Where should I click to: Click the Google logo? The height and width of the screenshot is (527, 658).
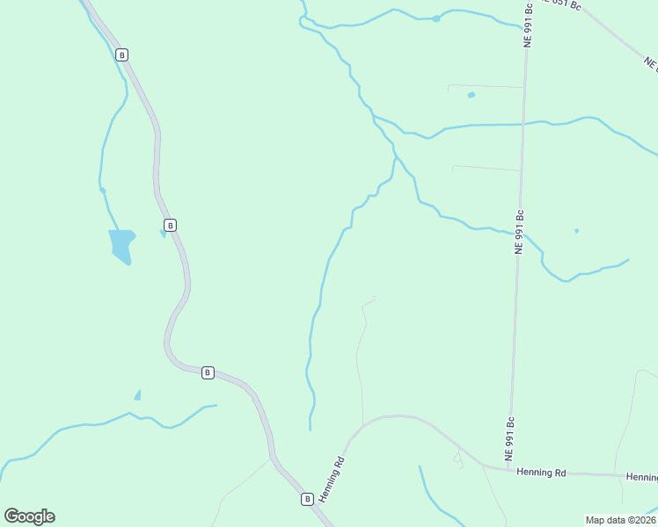tap(29, 516)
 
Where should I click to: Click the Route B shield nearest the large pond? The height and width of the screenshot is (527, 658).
tap(171, 225)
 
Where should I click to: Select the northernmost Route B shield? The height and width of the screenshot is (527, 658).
tap(121, 54)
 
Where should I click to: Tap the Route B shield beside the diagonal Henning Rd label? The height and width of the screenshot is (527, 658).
tap(307, 499)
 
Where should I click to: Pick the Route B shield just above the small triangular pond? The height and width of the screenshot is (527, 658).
tap(208, 372)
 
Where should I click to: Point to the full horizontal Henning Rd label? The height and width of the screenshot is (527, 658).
tap(541, 473)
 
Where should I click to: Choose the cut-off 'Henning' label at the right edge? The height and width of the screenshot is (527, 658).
tap(641, 477)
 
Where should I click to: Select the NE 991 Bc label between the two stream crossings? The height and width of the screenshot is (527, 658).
tap(520, 232)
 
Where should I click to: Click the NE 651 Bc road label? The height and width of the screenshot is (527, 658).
tap(563, 4)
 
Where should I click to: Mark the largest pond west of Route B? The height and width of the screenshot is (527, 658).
tap(121, 245)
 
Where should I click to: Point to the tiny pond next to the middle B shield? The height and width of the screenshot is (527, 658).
tap(164, 233)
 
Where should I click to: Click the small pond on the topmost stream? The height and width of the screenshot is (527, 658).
tap(436, 18)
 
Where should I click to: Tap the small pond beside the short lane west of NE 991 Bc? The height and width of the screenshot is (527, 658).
tap(472, 95)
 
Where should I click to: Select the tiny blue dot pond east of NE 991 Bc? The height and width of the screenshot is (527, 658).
tap(576, 231)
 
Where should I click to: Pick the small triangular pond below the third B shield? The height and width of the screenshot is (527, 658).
tap(137, 395)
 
